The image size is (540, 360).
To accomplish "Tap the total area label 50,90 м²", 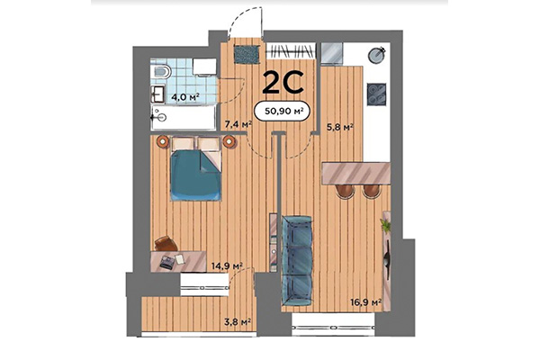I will pyautogui.click(x=283, y=112).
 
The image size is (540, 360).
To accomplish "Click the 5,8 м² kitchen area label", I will pyautogui.click(x=339, y=128).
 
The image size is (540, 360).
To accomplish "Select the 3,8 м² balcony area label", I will pyautogui.click(x=236, y=319).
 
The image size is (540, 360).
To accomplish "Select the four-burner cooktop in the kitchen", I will pyautogui.click(x=377, y=93).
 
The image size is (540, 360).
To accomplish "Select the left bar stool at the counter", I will pyautogui.click(x=345, y=193).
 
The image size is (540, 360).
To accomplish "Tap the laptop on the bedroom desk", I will pyautogui.click(x=171, y=261).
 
